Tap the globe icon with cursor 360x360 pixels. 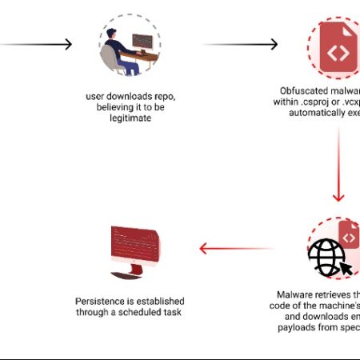click(328, 254)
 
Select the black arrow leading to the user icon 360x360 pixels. click(40, 45)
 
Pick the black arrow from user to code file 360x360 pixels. click(240, 45)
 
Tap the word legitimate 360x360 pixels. click(130, 118)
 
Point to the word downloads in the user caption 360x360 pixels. click(128, 95)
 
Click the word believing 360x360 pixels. click(119, 107)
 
